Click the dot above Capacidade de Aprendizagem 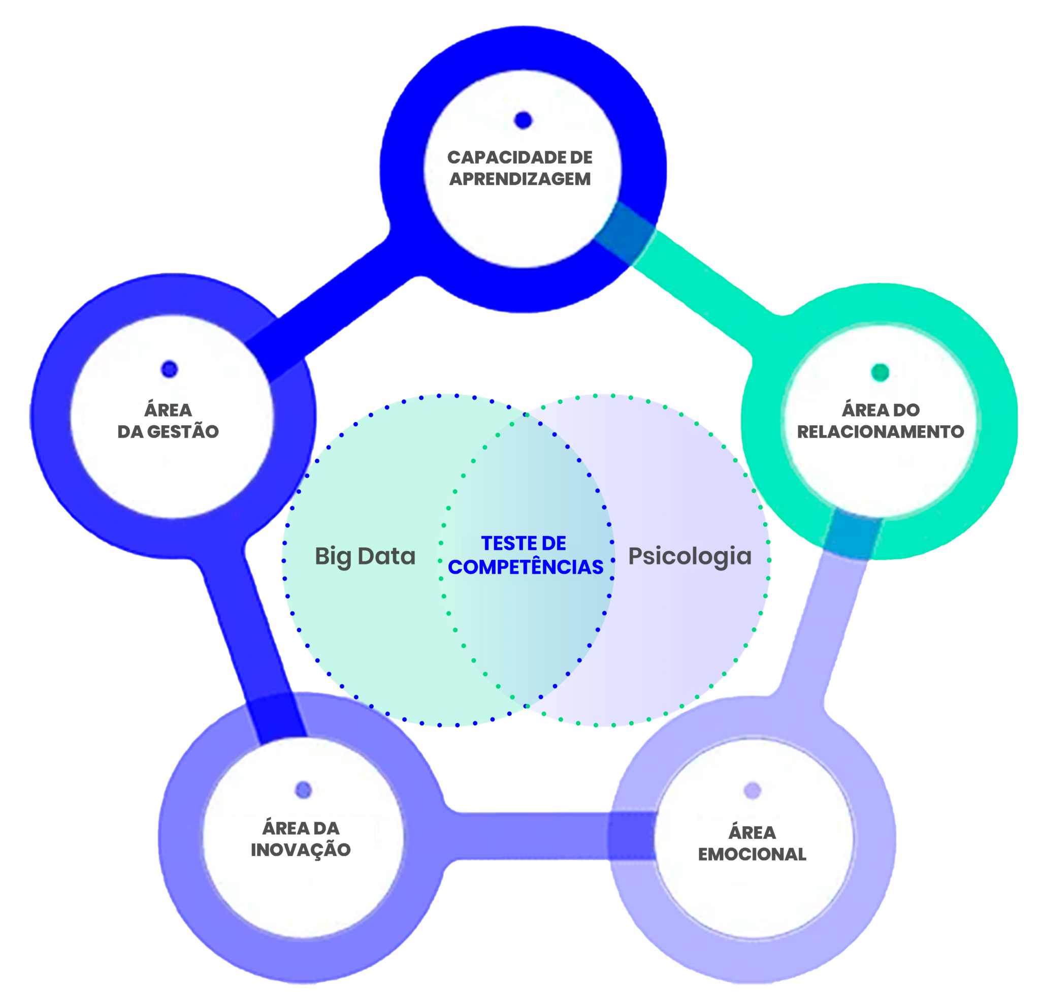[523, 120]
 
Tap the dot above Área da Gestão [169, 369]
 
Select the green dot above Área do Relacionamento [880, 372]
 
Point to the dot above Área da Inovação [303, 790]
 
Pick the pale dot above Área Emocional [753, 791]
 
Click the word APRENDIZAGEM [520, 179]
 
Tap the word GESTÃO [182, 432]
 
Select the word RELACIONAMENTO [880, 432]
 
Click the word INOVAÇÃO [301, 850]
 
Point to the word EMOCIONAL [752, 854]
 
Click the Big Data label [365, 556]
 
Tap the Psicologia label [690, 556]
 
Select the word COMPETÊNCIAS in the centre [525, 567]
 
